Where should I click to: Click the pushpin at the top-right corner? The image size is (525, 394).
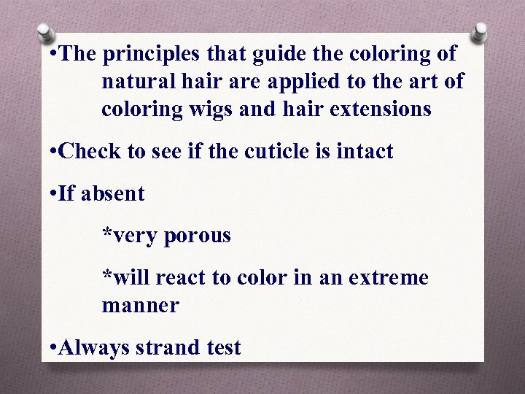pyautogui.click(x=479, y=32)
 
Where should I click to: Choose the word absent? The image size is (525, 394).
pyautogui.click(x=113, y=194)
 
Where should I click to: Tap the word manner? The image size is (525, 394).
pyautogui.click(x=140, y=306)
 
